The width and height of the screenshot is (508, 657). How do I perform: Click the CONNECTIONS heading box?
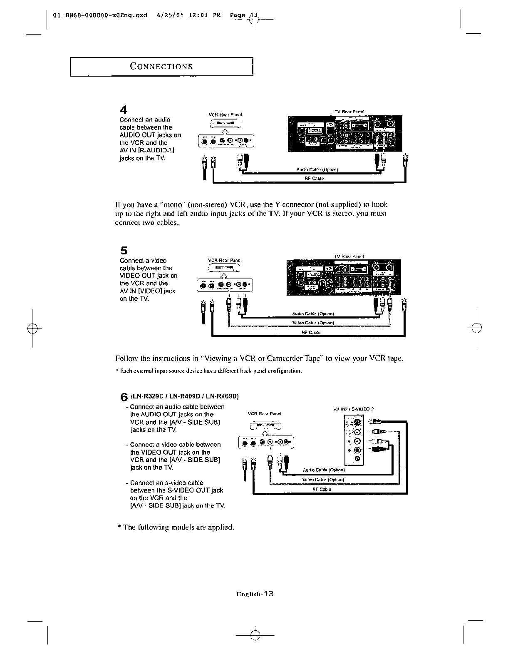coord(161,67)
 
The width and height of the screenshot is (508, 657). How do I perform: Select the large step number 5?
coord(124,251)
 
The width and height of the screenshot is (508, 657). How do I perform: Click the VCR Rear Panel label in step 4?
coord(225,114)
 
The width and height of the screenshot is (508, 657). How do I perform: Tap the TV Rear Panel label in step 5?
coord(349,256)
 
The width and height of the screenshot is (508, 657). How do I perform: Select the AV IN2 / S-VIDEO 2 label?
coord(350,408)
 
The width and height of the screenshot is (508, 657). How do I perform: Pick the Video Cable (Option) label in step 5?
coord(313,323)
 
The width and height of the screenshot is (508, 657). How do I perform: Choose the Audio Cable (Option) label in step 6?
coord(324,470)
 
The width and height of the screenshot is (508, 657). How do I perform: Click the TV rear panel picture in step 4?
coord(344,133)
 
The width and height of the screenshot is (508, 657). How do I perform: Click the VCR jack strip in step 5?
coord(225,285)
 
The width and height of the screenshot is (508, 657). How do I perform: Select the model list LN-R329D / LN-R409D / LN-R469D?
coord(185,396)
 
